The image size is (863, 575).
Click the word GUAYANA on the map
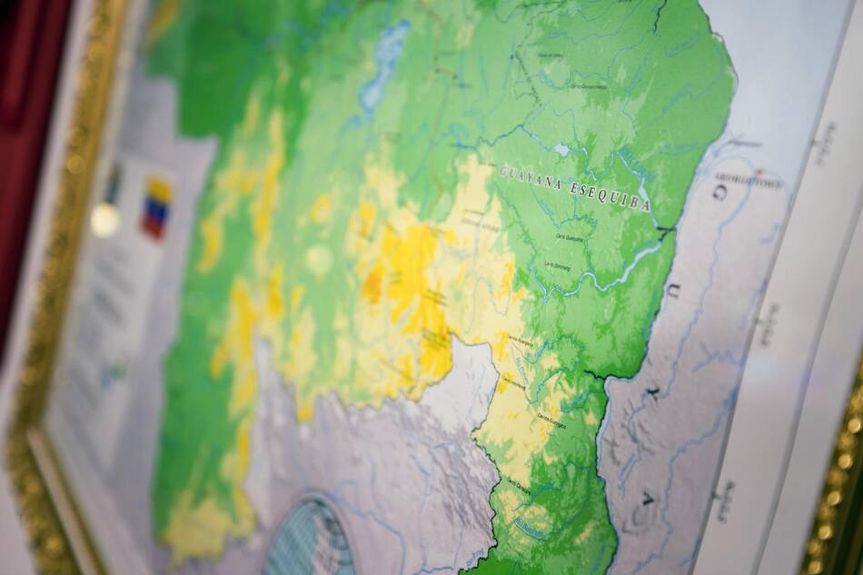(531, 173)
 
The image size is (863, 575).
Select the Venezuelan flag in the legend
(155, 206)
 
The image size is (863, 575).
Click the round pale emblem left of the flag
(104, 221)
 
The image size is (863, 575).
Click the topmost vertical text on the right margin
(823, 144)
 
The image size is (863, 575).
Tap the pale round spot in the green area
(319, 260)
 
